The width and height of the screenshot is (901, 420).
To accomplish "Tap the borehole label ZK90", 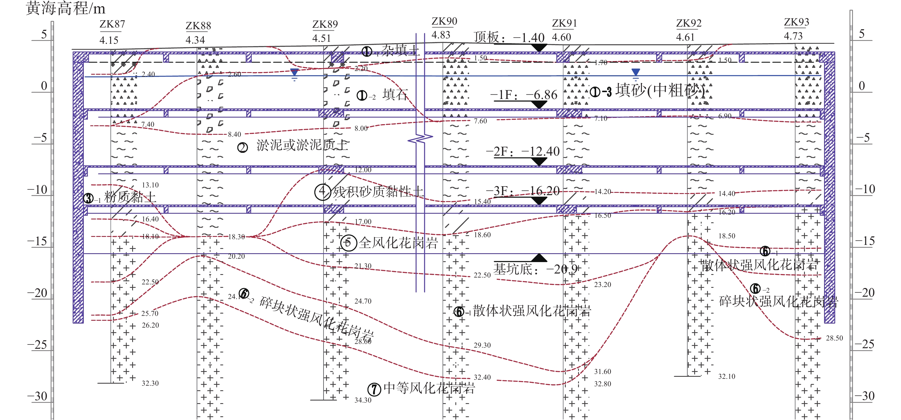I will pyautogui.click(x=444, y=21).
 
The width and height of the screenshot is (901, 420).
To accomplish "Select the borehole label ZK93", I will pyautogui.click(x=796, y=22).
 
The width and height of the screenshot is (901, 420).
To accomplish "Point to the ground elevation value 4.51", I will pyautogui.click(x=321, y=38).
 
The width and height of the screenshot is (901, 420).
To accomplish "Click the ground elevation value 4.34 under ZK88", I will pyautogui.click(x=195, y=40).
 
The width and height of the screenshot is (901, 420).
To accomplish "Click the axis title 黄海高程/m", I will pyautogui.click(x=66, y=8).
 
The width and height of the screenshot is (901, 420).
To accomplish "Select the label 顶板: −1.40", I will pyautogui.click(x=509, y=37).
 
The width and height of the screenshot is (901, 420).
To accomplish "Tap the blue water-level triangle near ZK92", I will pyautogui.click(x=636, y=72).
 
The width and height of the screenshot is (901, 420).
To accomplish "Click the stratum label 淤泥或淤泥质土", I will pyautogui.click(x=302, y=145).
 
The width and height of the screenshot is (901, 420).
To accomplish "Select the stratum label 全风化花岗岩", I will pyautogui.click(x=398, y=243).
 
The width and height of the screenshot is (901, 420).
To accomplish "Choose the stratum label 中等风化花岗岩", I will pyautogui.click(x=429, y=388).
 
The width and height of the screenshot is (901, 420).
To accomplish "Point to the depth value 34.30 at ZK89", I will pyautogui.click(x=363, y=400).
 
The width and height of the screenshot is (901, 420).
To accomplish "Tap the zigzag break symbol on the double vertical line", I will pyautogui.click(x=420, y=139).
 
